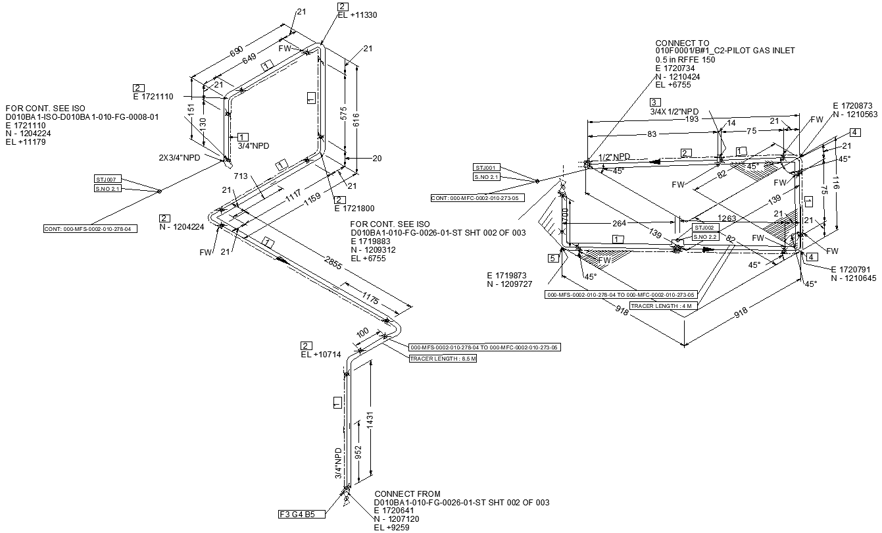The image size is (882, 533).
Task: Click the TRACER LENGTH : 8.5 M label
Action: coord(443,359)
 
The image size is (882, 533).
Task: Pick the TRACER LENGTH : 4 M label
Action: coord(663,305)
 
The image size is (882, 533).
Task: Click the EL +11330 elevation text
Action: coord(357,15)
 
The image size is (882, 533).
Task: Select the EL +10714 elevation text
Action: coord(321,355)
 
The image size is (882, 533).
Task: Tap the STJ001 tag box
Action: coord(487,167)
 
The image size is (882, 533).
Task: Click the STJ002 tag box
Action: coord(706,228)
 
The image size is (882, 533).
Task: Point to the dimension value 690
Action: coord(234,52)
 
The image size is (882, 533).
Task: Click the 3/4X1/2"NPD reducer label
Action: coord(674,112)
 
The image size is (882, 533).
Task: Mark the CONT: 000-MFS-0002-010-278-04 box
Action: coord(91,229)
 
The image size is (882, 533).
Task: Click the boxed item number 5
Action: coord(553,258)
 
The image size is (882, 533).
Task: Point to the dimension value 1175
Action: coord(370,299)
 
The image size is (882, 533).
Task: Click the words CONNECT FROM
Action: coord(407,494)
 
